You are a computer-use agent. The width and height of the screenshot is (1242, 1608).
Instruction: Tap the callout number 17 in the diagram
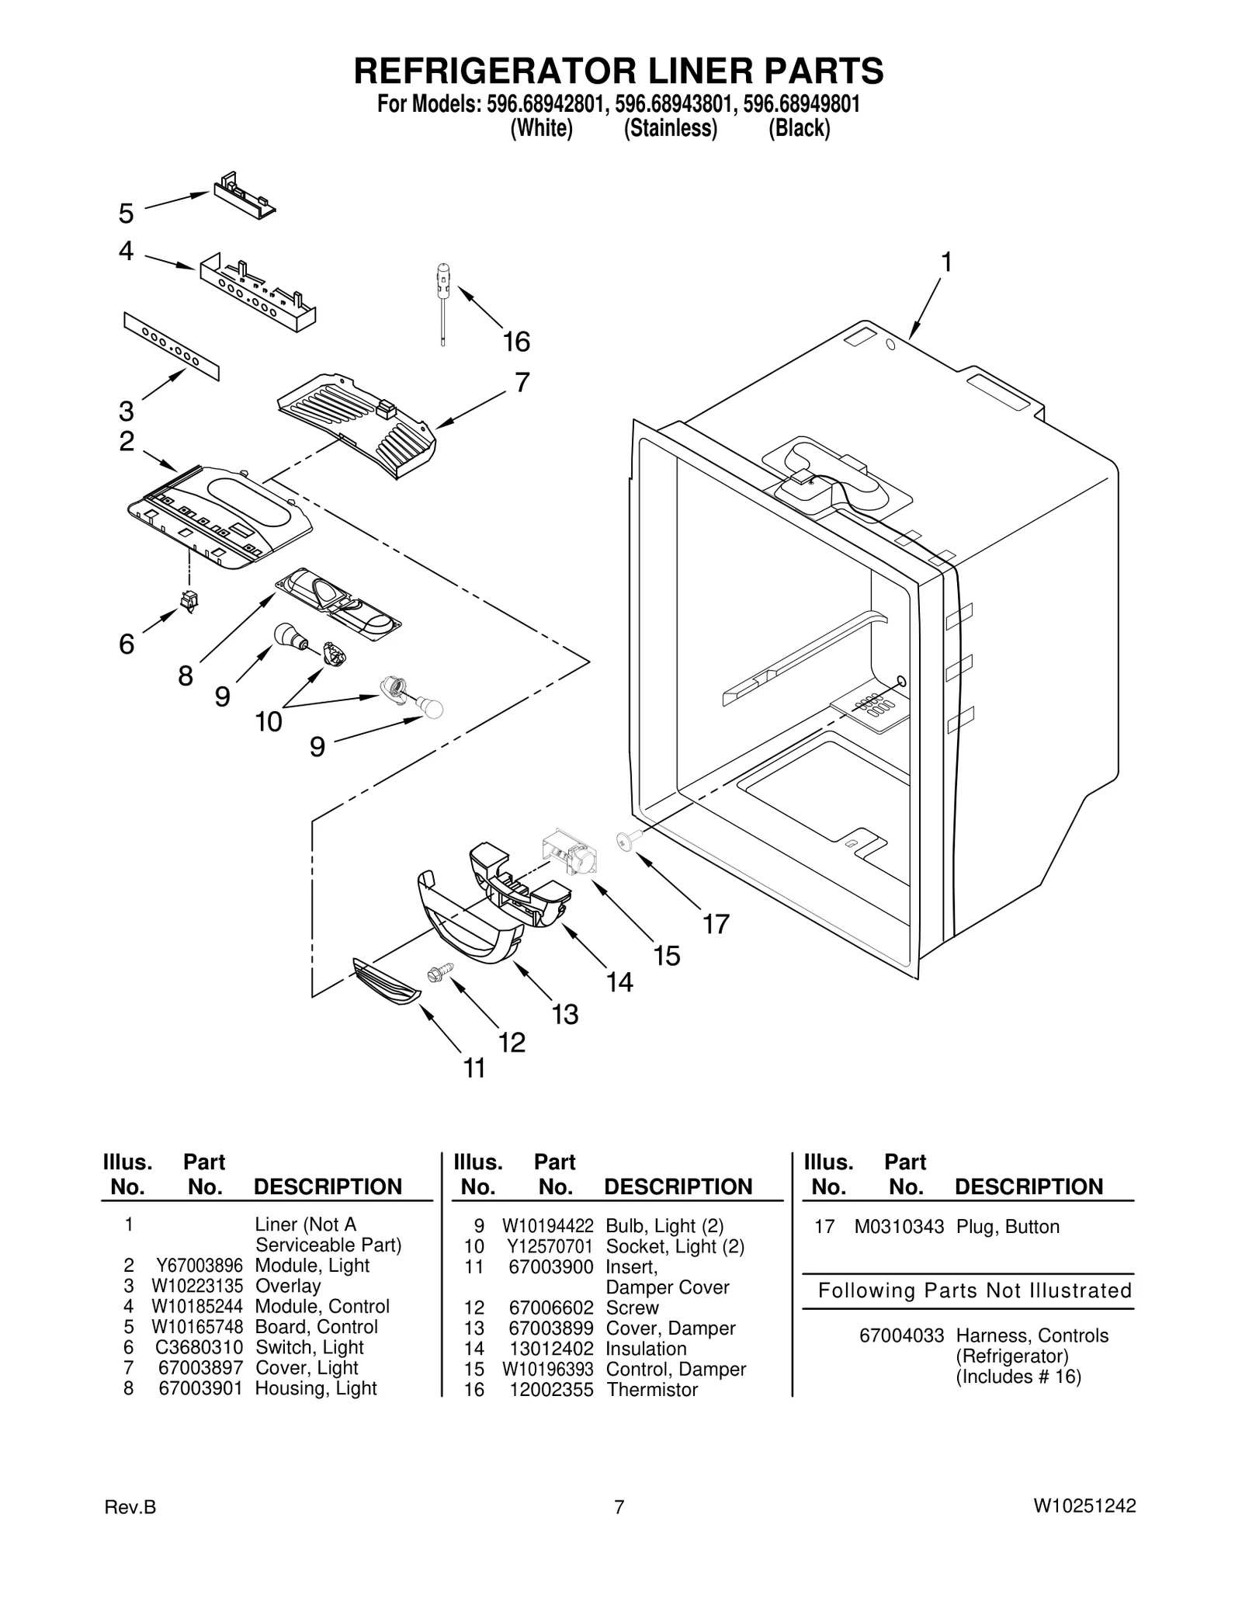716,924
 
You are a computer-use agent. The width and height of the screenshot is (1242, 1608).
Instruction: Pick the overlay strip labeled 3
171,347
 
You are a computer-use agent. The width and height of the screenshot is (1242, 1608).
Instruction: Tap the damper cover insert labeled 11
386,984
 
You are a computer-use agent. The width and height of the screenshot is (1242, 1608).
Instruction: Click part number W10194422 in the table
547,1226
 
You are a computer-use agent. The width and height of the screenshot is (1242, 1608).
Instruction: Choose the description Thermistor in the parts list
652,1390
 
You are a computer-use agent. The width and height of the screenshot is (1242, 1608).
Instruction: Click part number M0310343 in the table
899,1227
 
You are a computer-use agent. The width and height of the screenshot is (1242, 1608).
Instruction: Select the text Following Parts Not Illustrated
975,1290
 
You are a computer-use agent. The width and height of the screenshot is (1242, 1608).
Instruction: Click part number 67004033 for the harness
901,1335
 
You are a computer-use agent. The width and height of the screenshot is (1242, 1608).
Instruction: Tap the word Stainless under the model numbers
671,128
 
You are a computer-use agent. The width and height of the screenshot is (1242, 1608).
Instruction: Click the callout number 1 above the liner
946,263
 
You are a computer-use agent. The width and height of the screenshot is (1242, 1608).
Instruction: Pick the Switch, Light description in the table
309,1347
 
